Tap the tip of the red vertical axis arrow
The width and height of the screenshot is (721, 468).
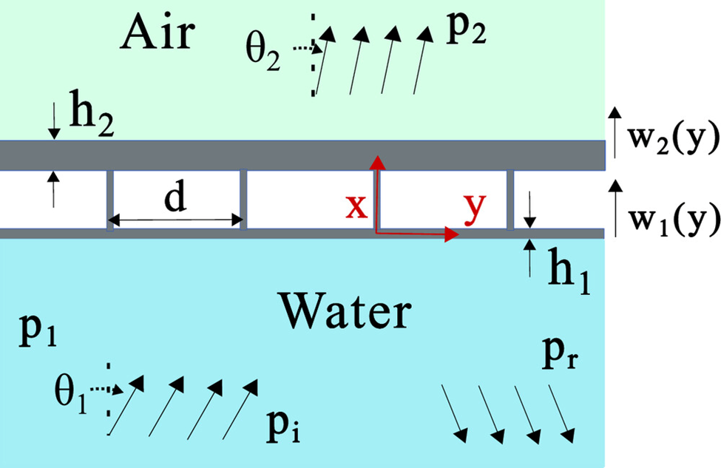click(x=377, y=157)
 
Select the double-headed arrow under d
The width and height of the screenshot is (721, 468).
click(x=176, y=220)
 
